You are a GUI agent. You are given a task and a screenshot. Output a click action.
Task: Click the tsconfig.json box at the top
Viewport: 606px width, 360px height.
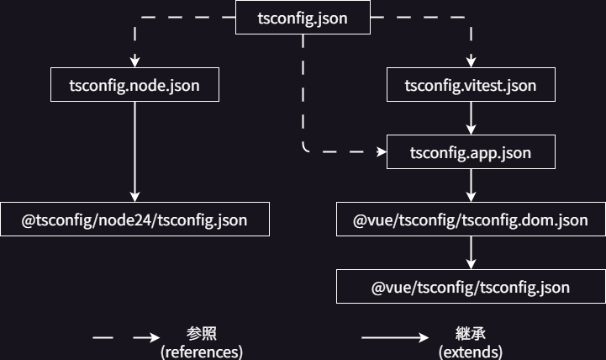tap(303, 18)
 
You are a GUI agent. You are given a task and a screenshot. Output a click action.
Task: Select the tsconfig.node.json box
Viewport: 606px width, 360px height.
tap(134, 86)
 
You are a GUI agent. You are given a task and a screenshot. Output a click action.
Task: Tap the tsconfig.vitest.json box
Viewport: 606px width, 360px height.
tap(471, 86)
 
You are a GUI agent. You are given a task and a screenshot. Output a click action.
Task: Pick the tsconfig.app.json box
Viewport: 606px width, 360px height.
tap(471, 152)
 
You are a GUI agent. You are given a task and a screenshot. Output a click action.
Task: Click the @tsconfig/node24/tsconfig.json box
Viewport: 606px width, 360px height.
tap(134, 220)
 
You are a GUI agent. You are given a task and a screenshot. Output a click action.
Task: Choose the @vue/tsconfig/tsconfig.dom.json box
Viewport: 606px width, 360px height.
tap(471, 220)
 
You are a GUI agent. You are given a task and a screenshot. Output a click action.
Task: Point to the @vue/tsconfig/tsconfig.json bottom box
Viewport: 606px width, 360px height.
tap(471, 287)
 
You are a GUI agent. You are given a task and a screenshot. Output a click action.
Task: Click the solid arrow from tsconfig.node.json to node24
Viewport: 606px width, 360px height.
tap(134, 151)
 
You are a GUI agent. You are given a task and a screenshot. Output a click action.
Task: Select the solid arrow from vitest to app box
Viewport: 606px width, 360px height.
tap(471, 119)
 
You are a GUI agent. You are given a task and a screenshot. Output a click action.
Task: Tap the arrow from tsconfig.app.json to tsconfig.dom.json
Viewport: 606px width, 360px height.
tap(471, 185)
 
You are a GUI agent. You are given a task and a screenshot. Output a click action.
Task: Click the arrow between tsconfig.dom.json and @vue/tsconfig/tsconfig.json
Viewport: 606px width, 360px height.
tap(471, 252)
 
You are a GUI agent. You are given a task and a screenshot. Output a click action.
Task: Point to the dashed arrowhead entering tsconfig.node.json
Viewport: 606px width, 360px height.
tap(134, 62)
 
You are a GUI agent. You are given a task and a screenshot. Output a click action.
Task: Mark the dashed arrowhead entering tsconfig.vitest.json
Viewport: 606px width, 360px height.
tap(471, 62)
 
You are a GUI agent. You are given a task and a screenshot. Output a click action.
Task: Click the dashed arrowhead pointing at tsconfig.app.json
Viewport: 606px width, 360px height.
tap(380, 152)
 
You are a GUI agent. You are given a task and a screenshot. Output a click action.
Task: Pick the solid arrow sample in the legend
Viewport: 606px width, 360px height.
tap(395, 338)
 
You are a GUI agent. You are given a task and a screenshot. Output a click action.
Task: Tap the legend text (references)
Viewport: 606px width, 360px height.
tap(202, 351)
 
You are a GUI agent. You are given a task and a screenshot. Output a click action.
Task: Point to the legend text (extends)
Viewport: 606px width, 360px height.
tap(471, 351)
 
